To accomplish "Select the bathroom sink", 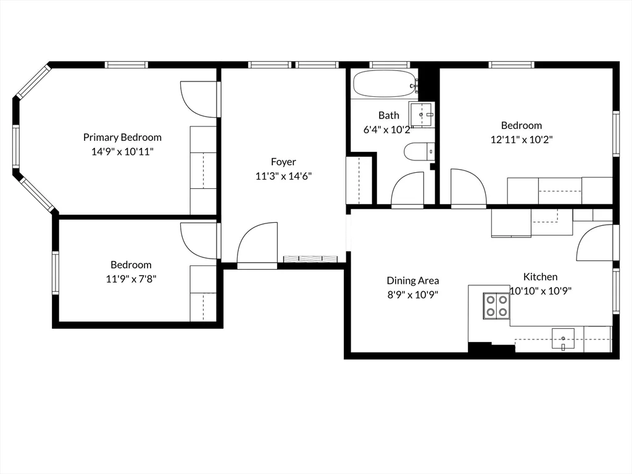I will point(422,115).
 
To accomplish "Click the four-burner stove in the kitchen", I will point(496,305).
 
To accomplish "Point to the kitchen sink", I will point(563,339).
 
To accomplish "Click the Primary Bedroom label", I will point(122,137).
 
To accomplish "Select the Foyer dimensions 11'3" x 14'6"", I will point(283,176).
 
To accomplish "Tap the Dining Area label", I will point(413,280).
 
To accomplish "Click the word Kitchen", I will point(540,277).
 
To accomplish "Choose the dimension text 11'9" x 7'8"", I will point(131,278).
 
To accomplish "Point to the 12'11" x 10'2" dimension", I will point(521,139).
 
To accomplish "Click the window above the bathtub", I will point(390,64).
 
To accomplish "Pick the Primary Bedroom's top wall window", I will point(127,64).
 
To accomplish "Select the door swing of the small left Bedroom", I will point(197,241).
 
